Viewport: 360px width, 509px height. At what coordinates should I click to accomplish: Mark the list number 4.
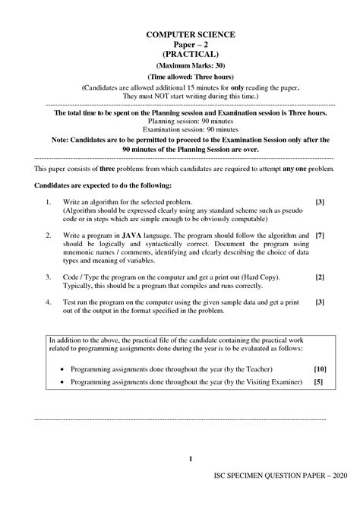tap(47, 302)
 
